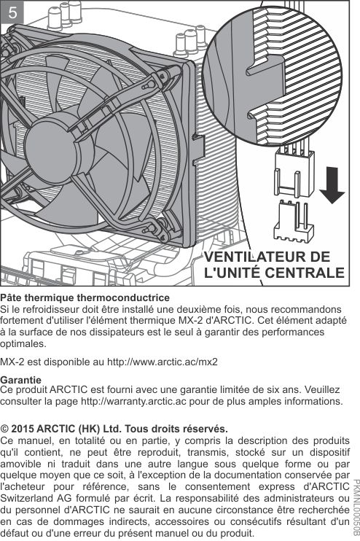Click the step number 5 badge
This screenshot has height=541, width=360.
coord(12,13)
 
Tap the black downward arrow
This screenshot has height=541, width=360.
coord(332,185)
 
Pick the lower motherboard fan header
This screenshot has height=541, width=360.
coord(294,221)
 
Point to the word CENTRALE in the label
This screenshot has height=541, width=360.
coord(305,273)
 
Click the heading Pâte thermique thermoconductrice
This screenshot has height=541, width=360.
coord(85,297)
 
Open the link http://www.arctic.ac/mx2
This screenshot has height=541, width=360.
coord(163,362)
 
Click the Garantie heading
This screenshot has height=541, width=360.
coord(20,380)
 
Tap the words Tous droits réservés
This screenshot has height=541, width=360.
coord(176,429)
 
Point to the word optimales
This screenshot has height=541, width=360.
coord(23,343)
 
